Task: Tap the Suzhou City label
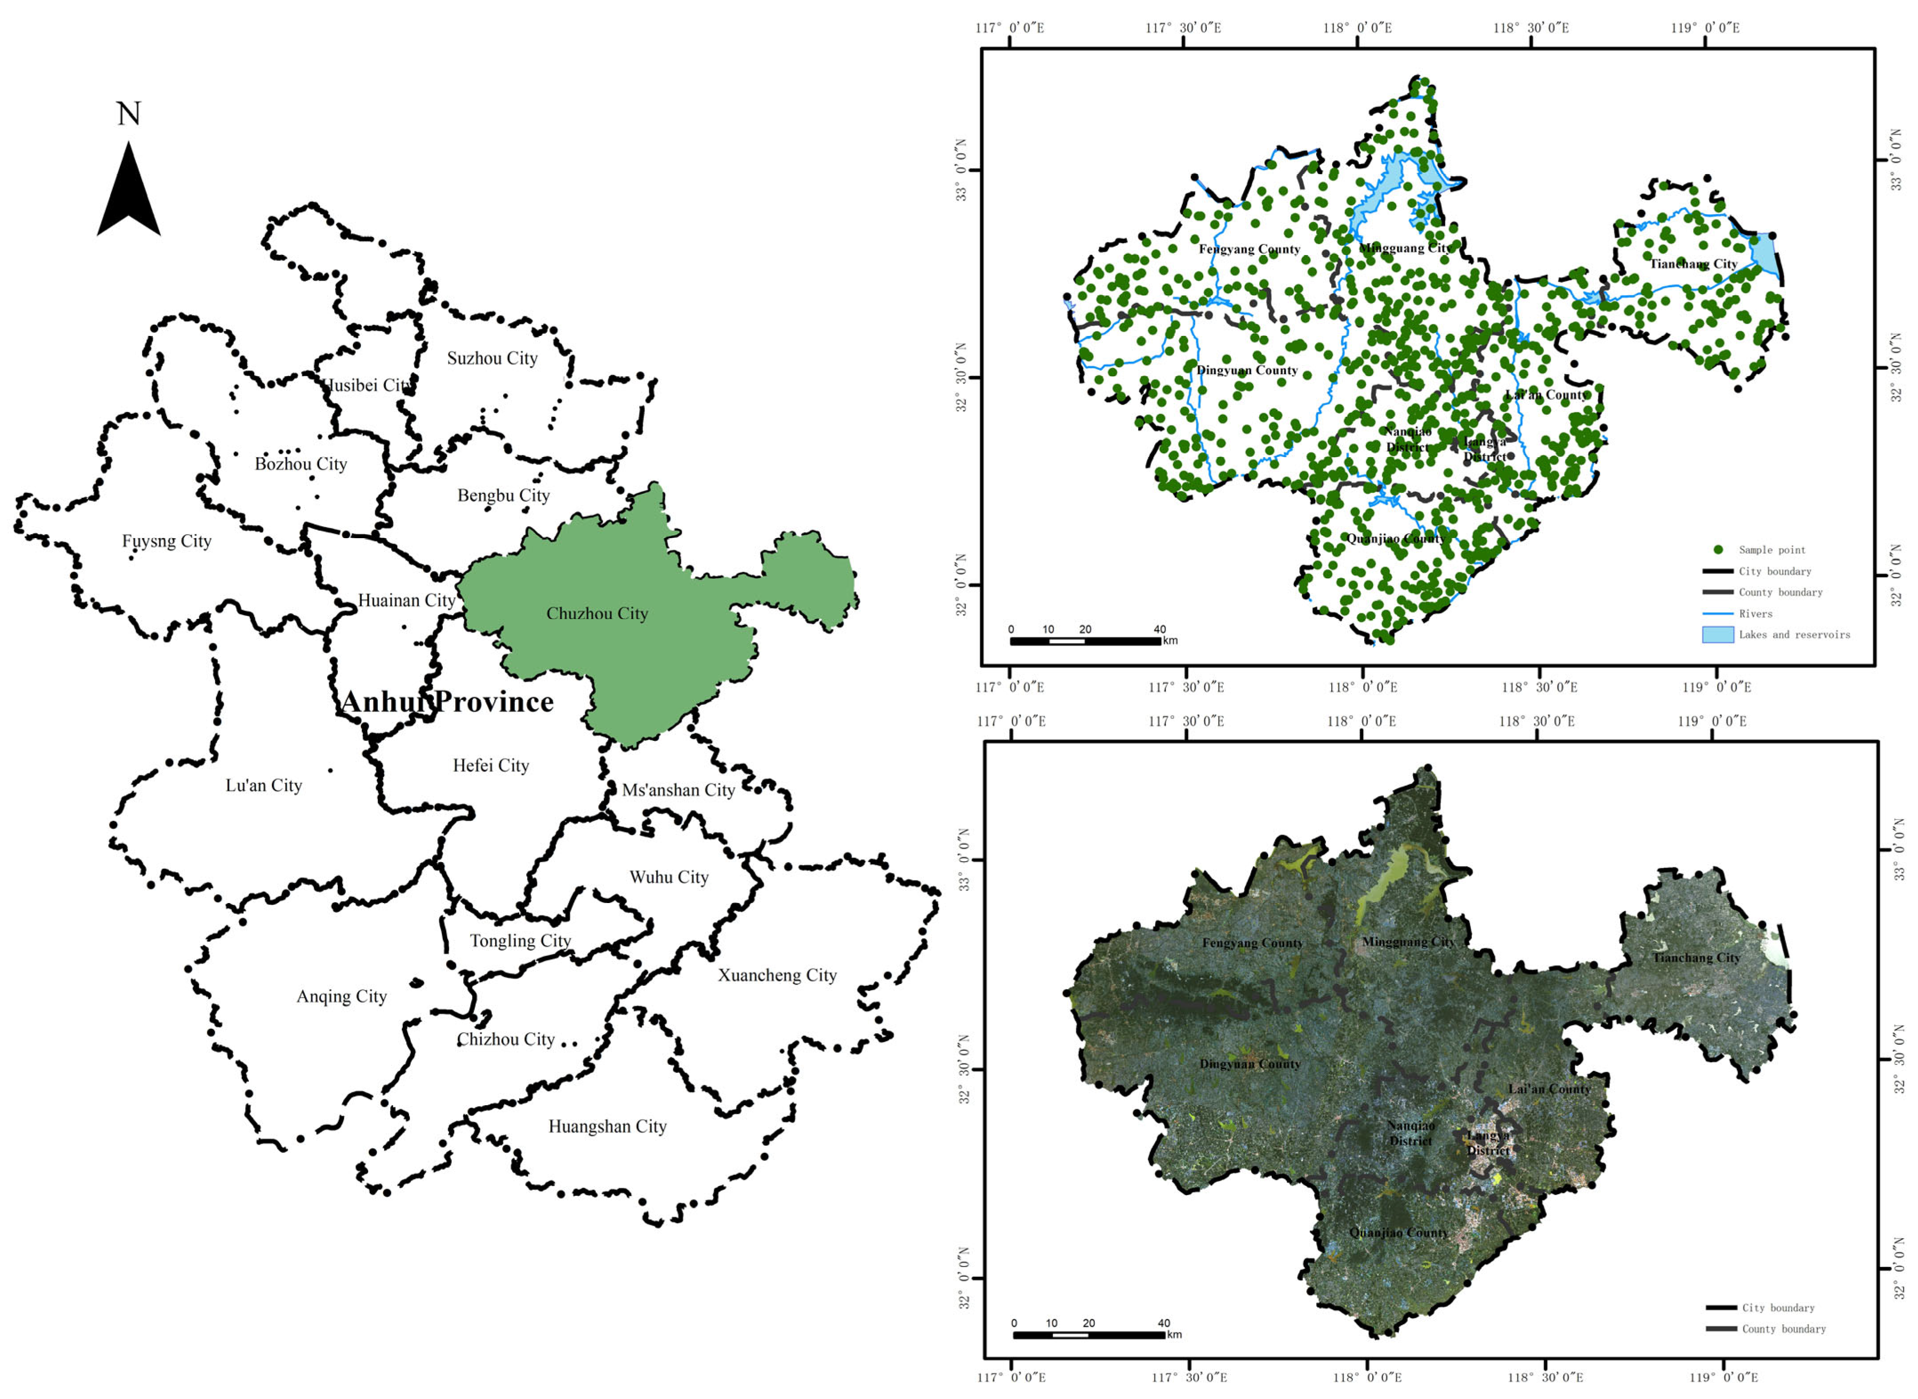[x=492, y=358]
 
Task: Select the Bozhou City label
[x=300, y=464]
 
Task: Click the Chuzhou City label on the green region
[x=597, y=613]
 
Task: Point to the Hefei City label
[x=490, y=766]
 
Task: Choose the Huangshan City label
[x=607, y=1126]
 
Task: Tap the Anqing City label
[x=341, y=997]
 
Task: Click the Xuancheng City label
[x=777, y=975]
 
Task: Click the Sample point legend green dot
[x=1718, y=550]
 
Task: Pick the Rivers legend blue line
[x=1718, y=613]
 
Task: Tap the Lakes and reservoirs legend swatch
[x=1718, y=634]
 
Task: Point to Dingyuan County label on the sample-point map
[x=1246, y=370]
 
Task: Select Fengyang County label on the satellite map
[x=1253, y=943]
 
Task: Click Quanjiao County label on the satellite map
[x=1398, y=1233]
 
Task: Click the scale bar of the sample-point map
[x=1085, y=641]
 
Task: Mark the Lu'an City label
[x=263, y=786]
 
